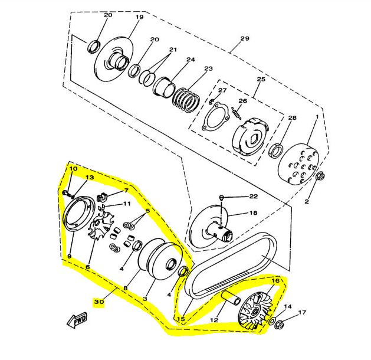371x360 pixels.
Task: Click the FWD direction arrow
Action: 77,320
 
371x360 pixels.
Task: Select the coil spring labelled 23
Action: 186,100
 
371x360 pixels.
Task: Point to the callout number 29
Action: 244,38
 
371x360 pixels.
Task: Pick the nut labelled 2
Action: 320,176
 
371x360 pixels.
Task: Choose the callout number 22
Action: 253,196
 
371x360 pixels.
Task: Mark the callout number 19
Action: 139,17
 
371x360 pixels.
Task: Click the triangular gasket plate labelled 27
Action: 216,117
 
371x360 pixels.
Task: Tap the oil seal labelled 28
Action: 276,151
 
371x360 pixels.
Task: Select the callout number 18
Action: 253,213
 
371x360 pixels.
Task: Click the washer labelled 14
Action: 272,320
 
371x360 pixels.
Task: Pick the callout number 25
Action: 261,79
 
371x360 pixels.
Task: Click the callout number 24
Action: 191,59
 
